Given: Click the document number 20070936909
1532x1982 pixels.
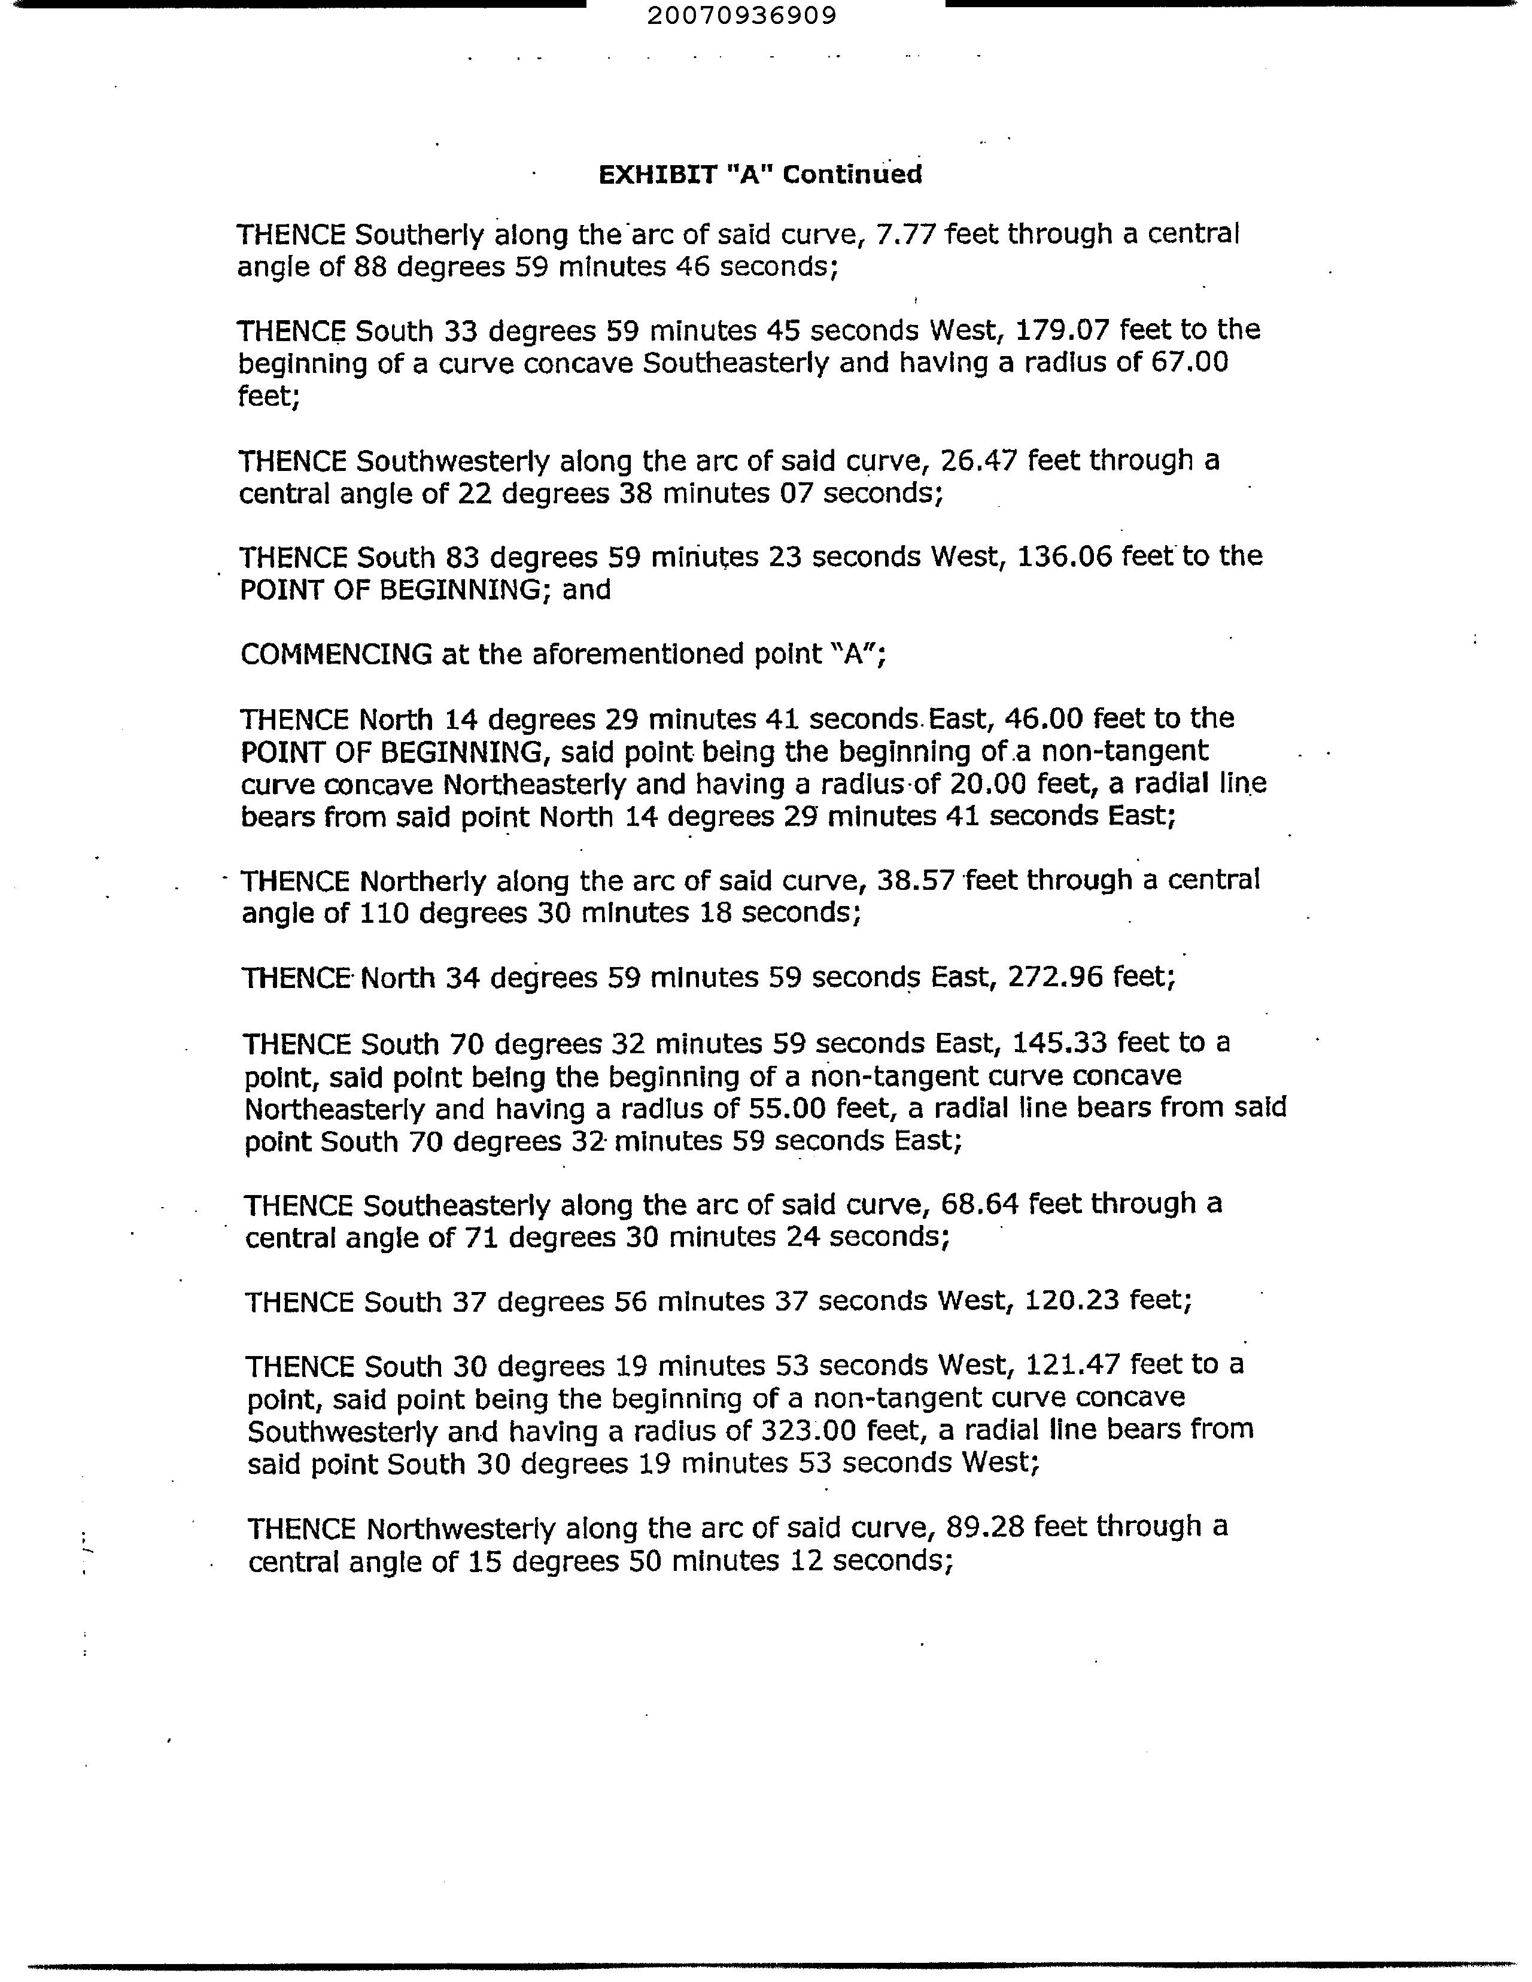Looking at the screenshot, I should pos(743,16).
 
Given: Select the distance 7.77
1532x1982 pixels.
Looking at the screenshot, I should pos(908,235).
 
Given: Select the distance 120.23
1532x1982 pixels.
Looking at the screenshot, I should pos(1071,1302).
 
